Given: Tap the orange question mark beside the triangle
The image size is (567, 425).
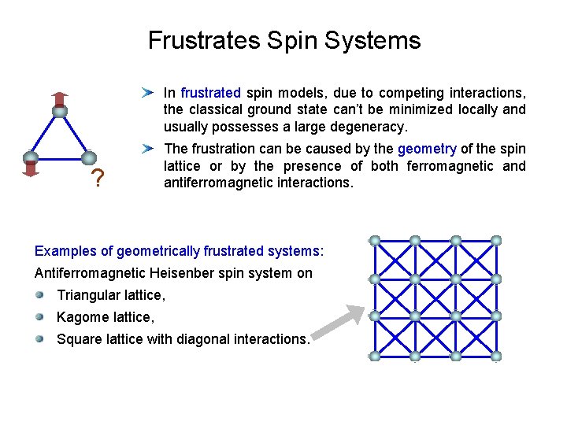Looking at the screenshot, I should pos(97,180).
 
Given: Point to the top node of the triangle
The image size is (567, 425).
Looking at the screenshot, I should pos(59,111).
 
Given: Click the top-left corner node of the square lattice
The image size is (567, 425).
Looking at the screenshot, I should pos(375,240).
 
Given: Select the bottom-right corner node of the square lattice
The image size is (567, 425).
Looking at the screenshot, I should pos(495,357).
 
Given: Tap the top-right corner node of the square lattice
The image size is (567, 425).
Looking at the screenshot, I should pos(495,240).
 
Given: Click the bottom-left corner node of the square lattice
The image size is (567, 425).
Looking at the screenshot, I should pos(375,357).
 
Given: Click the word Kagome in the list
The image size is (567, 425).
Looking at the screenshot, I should pos(81,317).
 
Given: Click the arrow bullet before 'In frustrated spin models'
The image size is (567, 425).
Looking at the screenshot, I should pos(146,93).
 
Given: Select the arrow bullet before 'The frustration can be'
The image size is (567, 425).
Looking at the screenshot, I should pos(146,149).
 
